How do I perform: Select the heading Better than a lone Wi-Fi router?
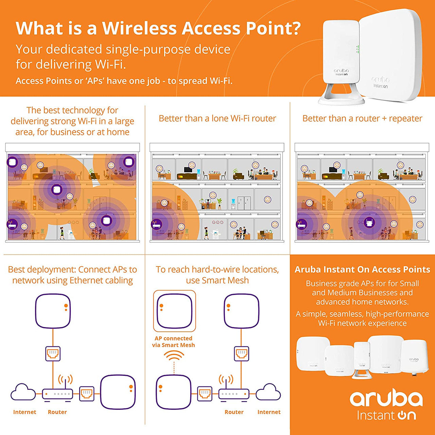(x=217, y=119)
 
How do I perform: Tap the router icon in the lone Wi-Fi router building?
(x=156, y=224)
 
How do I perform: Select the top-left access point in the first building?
(x=13, y=162)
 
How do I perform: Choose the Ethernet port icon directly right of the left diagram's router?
(x=87, y=394)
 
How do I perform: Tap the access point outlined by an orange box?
(x=174, y=311)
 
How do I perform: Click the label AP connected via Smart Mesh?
(x=173, y=342)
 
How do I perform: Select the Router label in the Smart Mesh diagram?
(x=234, y=412)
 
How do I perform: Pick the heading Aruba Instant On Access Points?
(x=362, y=269)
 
